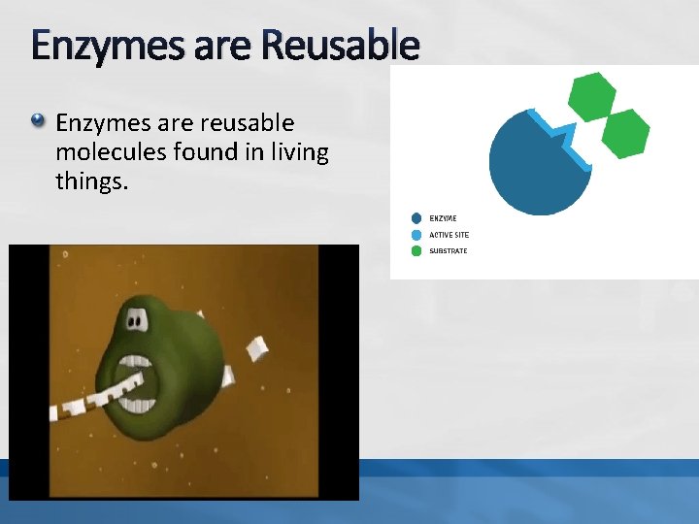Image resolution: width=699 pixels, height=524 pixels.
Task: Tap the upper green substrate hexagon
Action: click(x=591, y=95)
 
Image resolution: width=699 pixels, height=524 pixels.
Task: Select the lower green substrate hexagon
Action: click(x=624, y=133)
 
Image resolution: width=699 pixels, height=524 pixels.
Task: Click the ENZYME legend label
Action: click(x=443, y=218)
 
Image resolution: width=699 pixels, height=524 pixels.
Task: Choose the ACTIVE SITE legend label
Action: click(x=449, y=235)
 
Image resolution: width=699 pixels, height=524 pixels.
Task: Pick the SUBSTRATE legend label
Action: click(x=449, y=251)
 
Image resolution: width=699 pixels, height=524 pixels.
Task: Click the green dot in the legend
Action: click(x=416, y=251)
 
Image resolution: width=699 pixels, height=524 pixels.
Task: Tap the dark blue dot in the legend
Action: click(x=416, y=218)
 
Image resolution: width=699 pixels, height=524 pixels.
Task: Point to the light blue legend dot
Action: click(x=416, y=235)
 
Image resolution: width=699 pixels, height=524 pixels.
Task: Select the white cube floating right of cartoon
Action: click(x=256, y=346)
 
